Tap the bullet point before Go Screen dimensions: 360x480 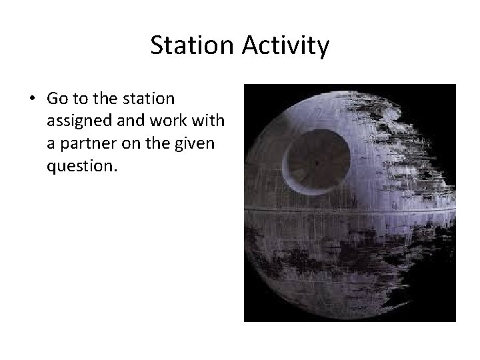[32, 99]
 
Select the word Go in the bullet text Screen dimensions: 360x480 [58, 99]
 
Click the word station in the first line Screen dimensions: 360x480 [148, 99]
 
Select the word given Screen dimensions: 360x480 [195, 143]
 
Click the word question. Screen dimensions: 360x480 [81, 166]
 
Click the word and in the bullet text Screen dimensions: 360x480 [131, 121]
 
